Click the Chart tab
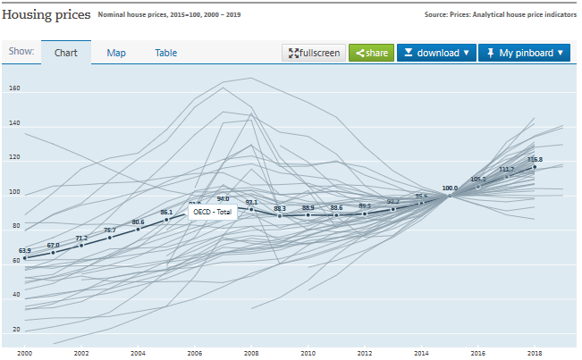pyautogui.click(x=66, y=53)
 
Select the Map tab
pyautogui.click(x=116, y=53)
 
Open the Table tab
pyautogui.click(x=166, y=53)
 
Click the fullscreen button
pyautogui.click(x=313, y=54)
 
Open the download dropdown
pyautogui.click(x=436, y=54)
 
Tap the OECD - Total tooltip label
pyautogui.click(x=212, y=212)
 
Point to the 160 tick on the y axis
pyautogui.click(x=13, y=89)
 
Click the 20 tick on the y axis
pyautogui.click(x=15, y=330)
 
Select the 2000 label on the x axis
pyautogui.click(x=24, y=354)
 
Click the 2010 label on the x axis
pyautogui.click(x=308, y=354)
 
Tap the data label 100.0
pyautogui.click(x=450, y=188)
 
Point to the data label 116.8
pyautogui.click(x=536, y=160)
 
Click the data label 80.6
pyautogui.click(x=139, y=222)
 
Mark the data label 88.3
pyautogui.click(x=280, y=208)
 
